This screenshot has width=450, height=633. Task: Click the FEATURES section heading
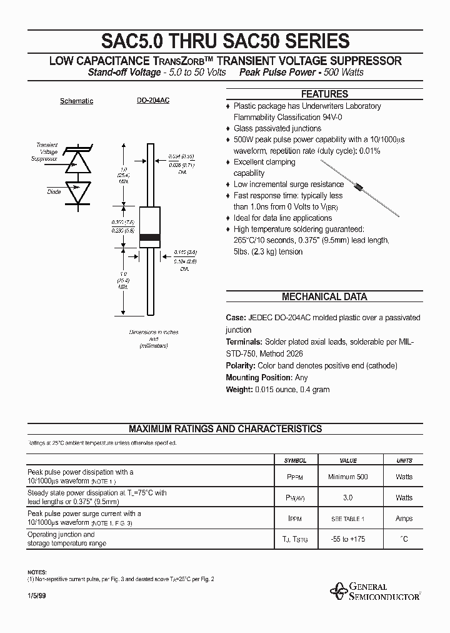pyautogui.click(x=324, y=94)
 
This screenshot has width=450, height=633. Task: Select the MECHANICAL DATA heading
pyautogui.click(x=324, y=297)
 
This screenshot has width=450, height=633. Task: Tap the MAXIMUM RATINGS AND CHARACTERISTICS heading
pyautogui.click(x=225, y=429)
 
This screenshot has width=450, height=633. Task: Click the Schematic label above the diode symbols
pyautogui.click(x=76, y=101)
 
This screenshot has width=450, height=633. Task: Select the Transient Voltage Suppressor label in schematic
pyautogui.click(x=47, y=152)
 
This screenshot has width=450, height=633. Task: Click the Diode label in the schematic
pyautogui.click(x=54, y=192)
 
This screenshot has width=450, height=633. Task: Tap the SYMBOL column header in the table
pyautogui.click(x=295, y=460)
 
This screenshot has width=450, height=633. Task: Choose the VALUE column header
pyautogui.click(x=347, y=460)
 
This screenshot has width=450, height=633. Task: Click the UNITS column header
pyautogui.click(x=404, y=460)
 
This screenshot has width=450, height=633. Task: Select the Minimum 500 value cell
pyautogui.click(x=347, y=477)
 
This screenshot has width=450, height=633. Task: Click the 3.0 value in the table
pyautogui.click(x=347, y=498)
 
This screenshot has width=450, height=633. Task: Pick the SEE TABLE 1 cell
pyautogui.click(x=347, y=519)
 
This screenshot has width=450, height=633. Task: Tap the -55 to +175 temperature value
pyautogui.click(x=347, y=539)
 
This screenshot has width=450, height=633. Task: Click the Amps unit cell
pyautogui.click(x=404, y=519)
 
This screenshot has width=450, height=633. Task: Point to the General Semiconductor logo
pyautogui.click(x=376, y=591)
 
